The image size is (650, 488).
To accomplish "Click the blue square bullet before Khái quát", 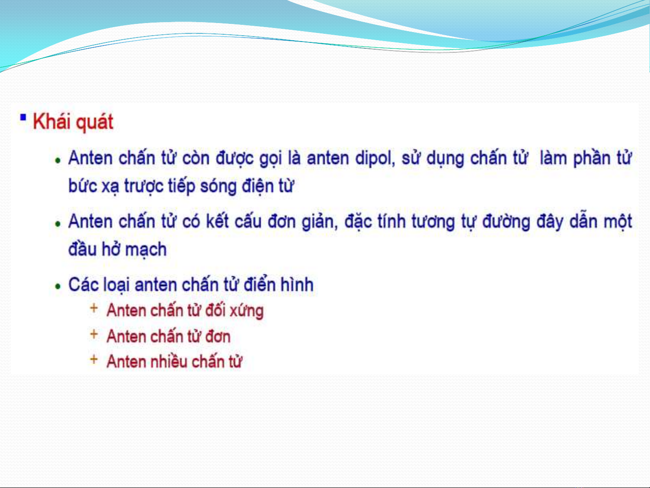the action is [23, 117].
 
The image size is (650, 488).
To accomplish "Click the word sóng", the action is [218, 187].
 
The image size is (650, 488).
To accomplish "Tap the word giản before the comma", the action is [320, 222].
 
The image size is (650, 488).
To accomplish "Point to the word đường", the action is [506, 222].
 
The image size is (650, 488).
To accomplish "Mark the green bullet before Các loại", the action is [58, 286].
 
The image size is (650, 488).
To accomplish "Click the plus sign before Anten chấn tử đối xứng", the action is [94, 308].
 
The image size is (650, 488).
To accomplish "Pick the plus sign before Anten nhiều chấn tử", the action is [94, 359].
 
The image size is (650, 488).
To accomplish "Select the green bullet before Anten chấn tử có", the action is [58, 223].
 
